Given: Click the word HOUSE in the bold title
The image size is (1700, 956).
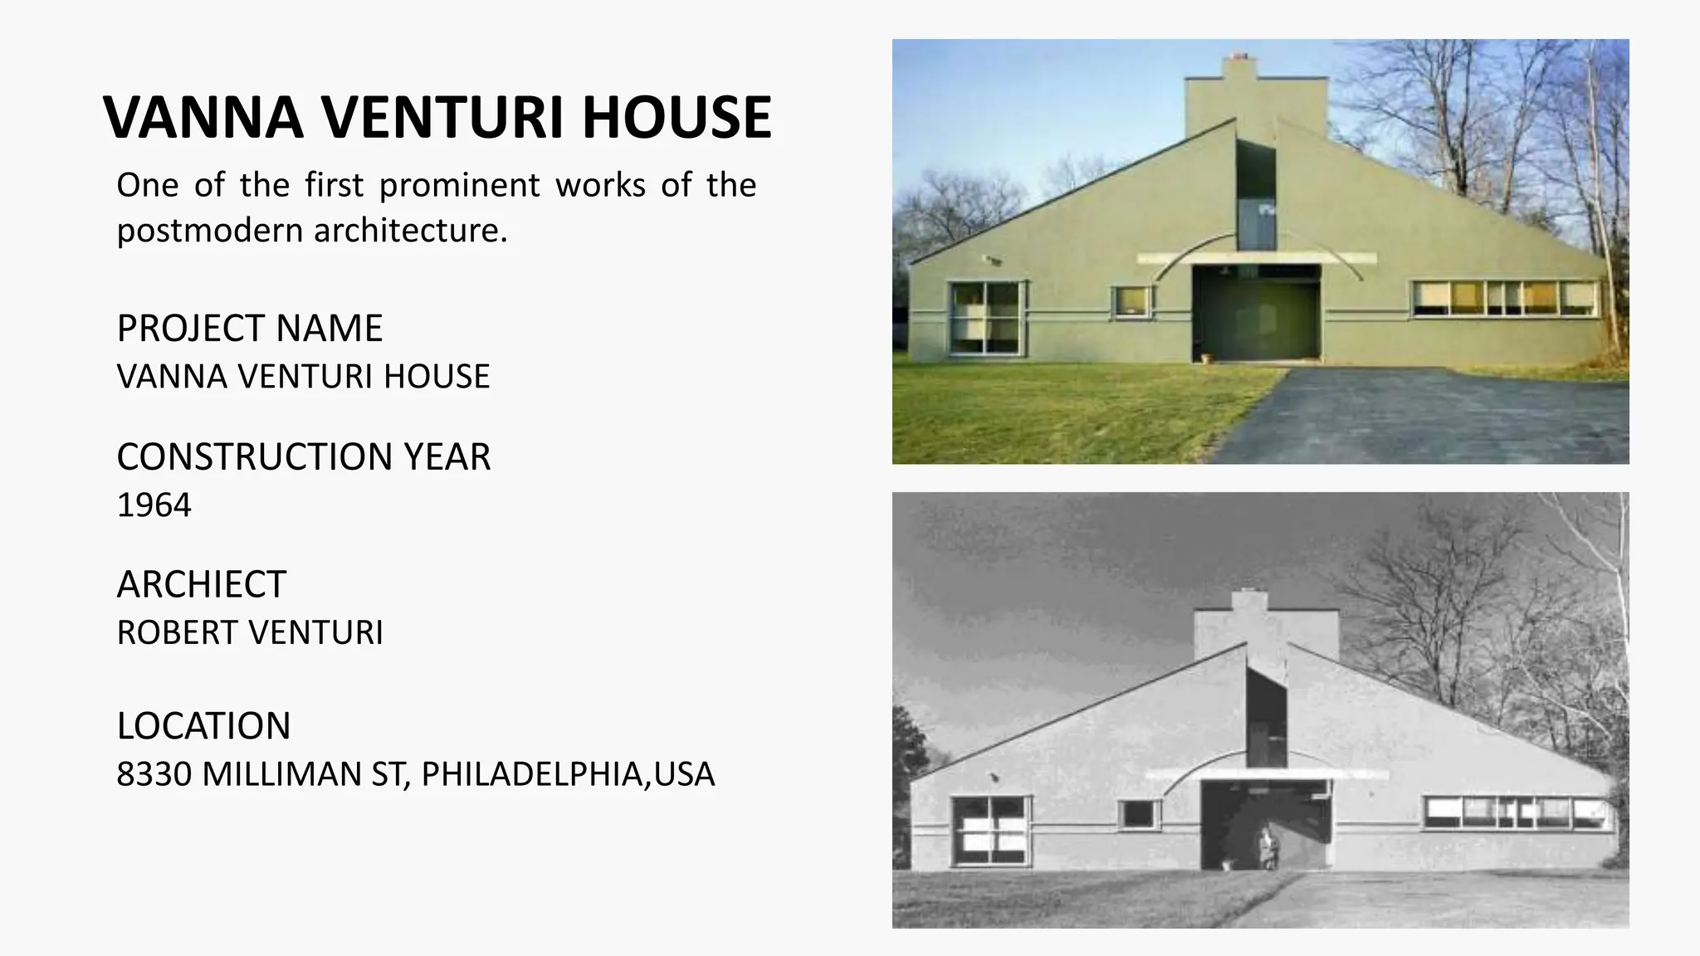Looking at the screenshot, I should (x=677, y=117).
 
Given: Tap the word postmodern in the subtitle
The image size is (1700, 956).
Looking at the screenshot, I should (x=210, y=231).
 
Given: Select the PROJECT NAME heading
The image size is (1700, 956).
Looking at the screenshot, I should (x=249, y=329).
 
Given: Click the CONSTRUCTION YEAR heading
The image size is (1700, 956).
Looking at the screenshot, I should (x=303, y=457).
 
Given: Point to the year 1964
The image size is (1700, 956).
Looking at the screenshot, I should (x=154, y=505).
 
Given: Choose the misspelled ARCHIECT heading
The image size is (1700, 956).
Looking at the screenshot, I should (x=201, y=585).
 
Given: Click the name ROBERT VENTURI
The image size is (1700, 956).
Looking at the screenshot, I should (x=249, y=633).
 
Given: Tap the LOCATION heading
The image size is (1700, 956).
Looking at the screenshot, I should (x=203, y=726).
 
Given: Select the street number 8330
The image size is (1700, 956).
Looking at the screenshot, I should (x=154, y=774).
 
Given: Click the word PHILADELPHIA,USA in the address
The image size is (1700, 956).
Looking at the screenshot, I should (x=568, y=774).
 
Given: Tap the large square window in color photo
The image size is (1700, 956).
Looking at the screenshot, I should (x=986, y=317).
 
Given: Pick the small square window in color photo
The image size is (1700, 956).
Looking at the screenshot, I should (x=1131, y=301).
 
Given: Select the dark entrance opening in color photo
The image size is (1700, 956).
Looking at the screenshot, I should (x=1256, y=313).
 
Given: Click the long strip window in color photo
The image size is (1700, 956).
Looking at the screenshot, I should (x=1505, y=299).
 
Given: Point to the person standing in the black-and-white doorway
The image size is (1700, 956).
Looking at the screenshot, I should (x=1268, y=847).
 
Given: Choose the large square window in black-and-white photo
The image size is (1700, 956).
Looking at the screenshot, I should (x=990, y=830).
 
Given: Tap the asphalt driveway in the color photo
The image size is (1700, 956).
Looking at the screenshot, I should (x=1428, y=415).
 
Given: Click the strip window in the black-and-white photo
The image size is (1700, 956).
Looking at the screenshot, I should (x=1517, y=812).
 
